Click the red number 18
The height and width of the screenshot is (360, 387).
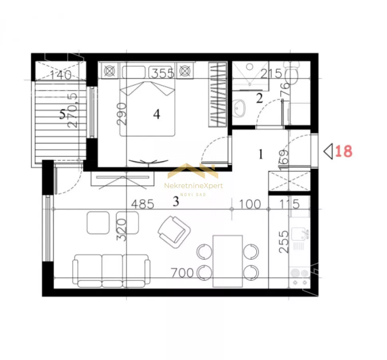344,151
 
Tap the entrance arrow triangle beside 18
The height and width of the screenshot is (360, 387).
329,151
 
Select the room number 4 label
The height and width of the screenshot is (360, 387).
156,114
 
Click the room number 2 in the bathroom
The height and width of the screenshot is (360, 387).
259,98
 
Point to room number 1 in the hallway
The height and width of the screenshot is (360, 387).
261,154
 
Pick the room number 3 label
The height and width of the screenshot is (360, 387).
176,202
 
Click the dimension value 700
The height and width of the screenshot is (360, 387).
182,273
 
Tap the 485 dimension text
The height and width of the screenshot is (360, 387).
143,204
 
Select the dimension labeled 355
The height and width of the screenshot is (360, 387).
163,73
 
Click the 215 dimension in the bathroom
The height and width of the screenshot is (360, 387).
271,74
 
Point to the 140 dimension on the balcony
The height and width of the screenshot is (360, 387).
61,74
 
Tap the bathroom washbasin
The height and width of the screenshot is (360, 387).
239,108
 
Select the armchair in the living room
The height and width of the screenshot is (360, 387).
174,232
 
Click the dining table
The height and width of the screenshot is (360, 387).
227,261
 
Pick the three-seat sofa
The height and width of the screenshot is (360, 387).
111,271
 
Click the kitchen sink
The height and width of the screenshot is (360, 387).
299,234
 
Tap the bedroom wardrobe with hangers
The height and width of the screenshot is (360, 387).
217,94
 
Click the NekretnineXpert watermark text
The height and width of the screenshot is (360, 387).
193,186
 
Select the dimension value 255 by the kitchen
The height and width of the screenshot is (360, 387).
283,242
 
